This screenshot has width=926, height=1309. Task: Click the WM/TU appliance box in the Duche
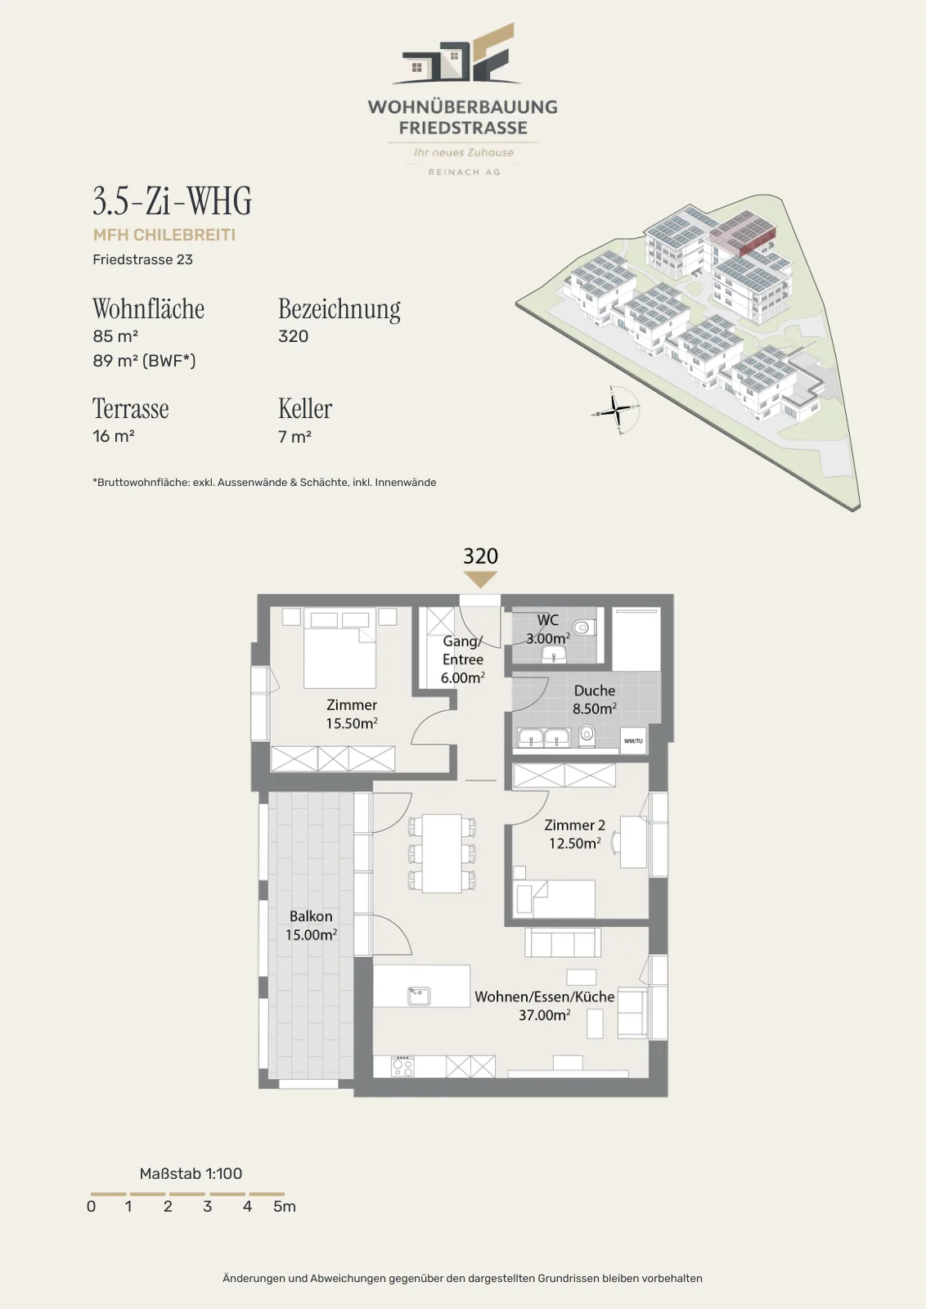pyautogui.click(x=633, y=740)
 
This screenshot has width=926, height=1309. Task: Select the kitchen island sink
pyautogui.click(x=419, y=995)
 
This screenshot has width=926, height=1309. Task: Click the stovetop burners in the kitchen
pyautogui.click(x=402, y=1066)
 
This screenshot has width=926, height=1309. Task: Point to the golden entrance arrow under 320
pyautogui.click(x=480, y=579)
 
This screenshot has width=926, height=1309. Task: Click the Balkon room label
pyautogui.click(x=311, y=916)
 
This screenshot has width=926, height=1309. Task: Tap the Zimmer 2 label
pyautogui.click(x=575, y=825)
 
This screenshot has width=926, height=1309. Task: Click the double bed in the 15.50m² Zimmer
pyautogui.click(x=339, y=649)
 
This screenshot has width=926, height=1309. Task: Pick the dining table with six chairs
pyautogui.click(x=443, y=853)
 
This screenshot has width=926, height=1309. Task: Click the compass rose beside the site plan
pyautogui.click(x=615, y=410)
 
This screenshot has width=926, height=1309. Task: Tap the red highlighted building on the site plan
pyautogui.click(x=743, y=232)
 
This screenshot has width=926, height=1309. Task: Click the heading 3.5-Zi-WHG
pyautogui.click(x=173, y=200)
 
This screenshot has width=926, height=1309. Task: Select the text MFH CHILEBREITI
pyautogui.click(x=164, y=235)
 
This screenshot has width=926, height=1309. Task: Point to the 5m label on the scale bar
pyautogui.click(x=285, y=1207)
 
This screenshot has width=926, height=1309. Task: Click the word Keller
pyautogui.click(x=305, y=408)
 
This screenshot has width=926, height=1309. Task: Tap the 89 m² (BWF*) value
pyautogui.click(x=144, y=361)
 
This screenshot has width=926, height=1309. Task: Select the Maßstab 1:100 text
pyautogui.click(x=191, y=1173)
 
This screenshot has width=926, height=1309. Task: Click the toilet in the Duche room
pyautogui.click(x=587, y=735)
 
